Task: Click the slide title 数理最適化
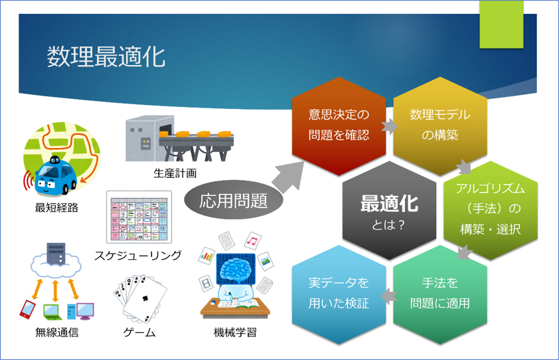coord(106,56)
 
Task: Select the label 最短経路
coord(56,208)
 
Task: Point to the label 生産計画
coord(175,173)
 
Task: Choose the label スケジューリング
coord(137,255)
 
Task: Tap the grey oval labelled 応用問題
coord(224,200)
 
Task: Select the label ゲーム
coord(139,333)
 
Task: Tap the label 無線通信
coord(56,333)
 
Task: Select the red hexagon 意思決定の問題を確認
coord(339,125)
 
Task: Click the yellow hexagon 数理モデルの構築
coord(439,125)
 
